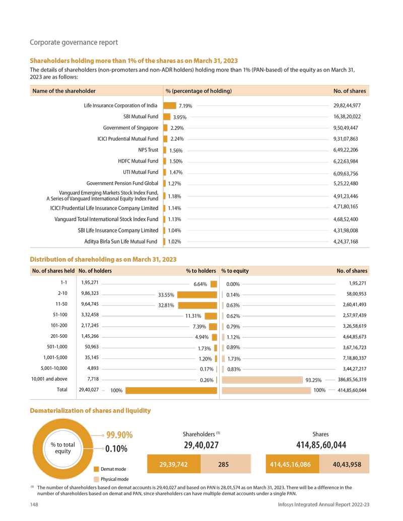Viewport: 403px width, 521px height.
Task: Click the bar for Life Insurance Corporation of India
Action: (x=169, y=106)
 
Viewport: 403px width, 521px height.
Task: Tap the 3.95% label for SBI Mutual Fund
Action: (x=180, y=117)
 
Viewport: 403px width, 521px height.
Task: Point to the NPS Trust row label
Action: (x=148, y=150)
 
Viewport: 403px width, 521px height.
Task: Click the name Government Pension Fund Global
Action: (x=122, y=183)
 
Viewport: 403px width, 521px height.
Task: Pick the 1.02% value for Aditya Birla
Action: (x=174, y=242)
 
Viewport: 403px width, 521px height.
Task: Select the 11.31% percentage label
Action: (x=193, y=316)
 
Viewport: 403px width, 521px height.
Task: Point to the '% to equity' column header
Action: (x=235, y=271)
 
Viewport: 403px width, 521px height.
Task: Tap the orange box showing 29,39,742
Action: (x=173, y=465)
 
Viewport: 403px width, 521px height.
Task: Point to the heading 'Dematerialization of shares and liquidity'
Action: (x=91, y=411)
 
